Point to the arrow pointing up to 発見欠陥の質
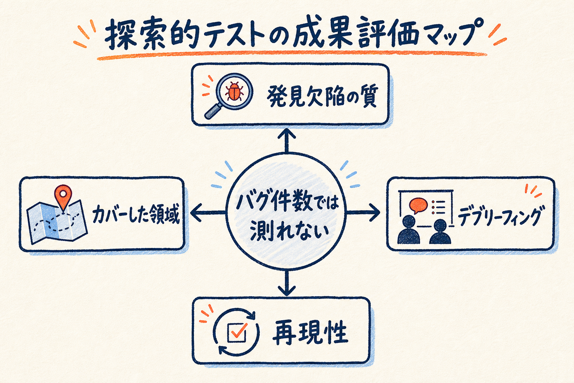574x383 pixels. pos(287,141)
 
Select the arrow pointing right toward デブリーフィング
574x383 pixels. pos(363,212)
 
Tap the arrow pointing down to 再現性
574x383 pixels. pos(287,282)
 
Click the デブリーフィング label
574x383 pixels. pos(500,216)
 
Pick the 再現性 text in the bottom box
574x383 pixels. pos(310,333)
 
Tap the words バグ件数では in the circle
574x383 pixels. pos(287,202)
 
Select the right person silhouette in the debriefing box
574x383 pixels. pos(440,232)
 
